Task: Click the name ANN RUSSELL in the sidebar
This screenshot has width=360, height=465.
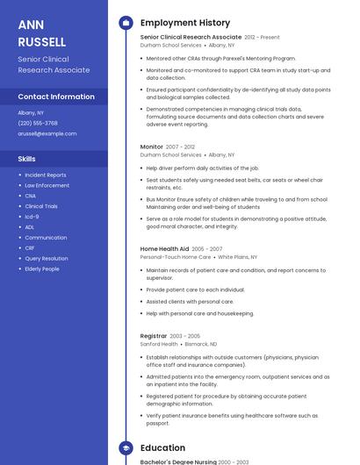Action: (x=42, y=32)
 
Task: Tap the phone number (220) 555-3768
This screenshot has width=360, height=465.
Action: (x=38, y=123)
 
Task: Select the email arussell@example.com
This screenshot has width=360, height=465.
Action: (x=47, y=133)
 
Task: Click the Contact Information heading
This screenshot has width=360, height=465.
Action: (x=56, y=97)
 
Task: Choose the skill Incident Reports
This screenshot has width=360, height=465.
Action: (x=45, y=175)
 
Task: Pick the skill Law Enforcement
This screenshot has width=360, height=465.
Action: (x=47, y=185)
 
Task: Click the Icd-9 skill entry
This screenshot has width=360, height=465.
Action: (x=32, y=217)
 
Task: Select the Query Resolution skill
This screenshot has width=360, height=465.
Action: (x=46, y=258)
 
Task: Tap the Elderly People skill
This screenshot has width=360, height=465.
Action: (x=42, y=268)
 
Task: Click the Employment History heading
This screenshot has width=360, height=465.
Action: (x=185, y=23)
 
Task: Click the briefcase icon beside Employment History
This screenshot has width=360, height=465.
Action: (x=126, y=23)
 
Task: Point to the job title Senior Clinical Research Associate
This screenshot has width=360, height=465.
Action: (x=191, y=38)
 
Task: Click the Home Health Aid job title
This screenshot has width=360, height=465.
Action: (x=164, y=249)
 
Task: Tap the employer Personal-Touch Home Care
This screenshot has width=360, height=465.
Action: (x=176, y=257)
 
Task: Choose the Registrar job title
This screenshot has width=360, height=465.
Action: (x=154, y=336)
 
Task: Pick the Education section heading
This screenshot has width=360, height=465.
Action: (x=162, y=447)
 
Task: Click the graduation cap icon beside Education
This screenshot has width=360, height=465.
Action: (x=126, y=447)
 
